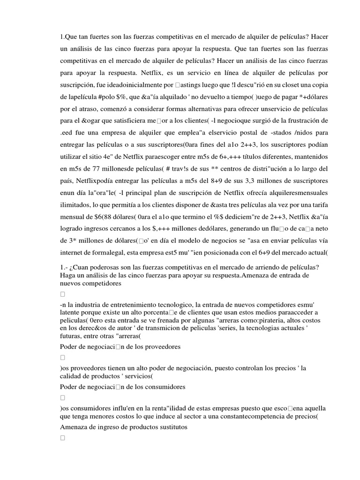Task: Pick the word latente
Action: click(72, 313)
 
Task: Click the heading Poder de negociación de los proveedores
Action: click(120, 346)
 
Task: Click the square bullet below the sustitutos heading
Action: click(63, 438)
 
